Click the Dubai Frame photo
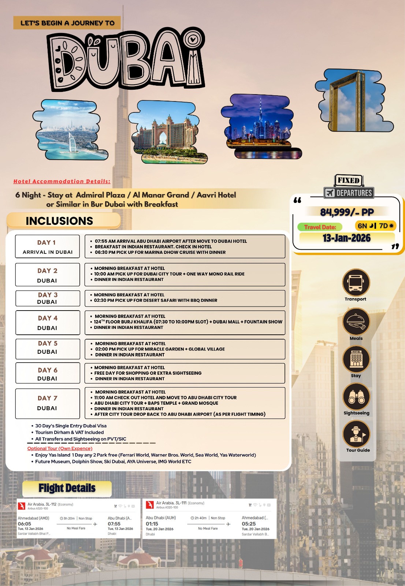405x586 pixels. (x=354, y=100)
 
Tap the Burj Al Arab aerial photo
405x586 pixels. (x=70, y=130)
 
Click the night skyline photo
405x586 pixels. (x=261, y=126)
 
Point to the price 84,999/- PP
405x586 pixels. (x=347, y=212)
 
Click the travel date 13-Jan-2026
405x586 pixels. (x=346, y=238)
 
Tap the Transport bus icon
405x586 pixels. (x=356, y=282)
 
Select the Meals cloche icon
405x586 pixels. (x=356, y=322)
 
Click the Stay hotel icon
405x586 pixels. (x=356, y=359)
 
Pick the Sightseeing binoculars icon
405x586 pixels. (x=356, y=397)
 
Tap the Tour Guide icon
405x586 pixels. (x=356, y=434)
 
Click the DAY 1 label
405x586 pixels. (x=47, y=242)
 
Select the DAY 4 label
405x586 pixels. (x=48, y=318)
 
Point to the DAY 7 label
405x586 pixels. (x=47, y=398)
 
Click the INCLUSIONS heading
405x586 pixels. (x=59, y=221)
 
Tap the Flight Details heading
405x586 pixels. (x=67, y=488)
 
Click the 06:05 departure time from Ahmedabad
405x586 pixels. (x=25, y=524)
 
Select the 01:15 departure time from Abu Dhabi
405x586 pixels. (x=152, y=524)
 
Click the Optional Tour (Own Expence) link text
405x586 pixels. (x=60, y=448)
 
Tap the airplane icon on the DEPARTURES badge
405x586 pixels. (x=330, y=193)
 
